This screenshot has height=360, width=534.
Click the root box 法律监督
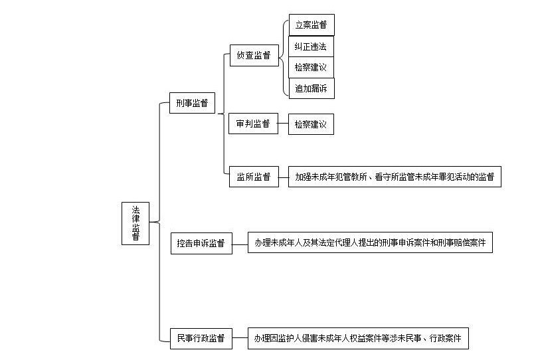click(135, 223)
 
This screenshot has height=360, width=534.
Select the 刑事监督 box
click(192, 103)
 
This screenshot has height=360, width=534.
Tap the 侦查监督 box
click(254, 55)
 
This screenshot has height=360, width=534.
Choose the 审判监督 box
click(253, 124)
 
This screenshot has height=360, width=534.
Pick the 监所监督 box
click(254, 177)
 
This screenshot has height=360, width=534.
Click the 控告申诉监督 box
click(201, 243)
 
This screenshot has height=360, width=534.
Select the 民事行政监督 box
click(201, 339)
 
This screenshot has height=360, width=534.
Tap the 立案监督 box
click(311, 25)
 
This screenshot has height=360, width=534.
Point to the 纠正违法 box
click(311, 46)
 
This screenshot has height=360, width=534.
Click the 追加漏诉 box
click(311, 88)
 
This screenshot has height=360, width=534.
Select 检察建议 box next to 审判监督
click(311, 124)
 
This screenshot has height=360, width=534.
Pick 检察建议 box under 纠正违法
click(311, 68)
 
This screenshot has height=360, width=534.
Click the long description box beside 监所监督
click(395, 177)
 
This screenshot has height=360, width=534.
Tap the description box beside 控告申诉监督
click(370, 242)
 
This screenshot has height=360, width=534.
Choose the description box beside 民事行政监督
click(358, 338)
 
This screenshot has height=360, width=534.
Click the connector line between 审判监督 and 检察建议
click(283, 124)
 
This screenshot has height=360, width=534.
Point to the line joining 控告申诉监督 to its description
click(240, 244)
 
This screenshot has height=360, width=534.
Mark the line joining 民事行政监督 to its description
click(240, 338)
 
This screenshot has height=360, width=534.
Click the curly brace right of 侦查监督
click(284, 57)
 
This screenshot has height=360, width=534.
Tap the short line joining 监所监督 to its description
click(284, 177)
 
